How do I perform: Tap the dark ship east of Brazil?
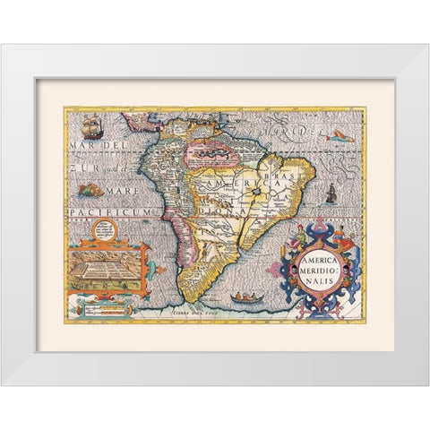(x=330, y=191)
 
